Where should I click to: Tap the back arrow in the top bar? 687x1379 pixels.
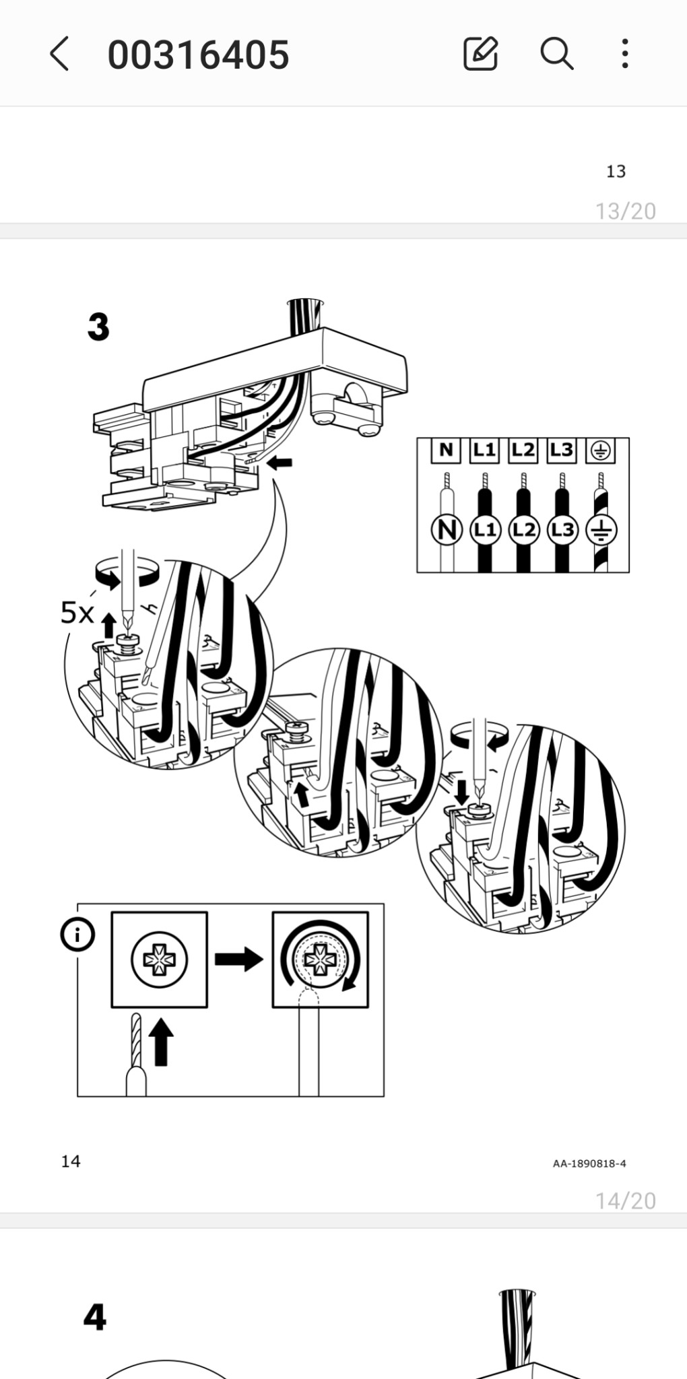[59, 54]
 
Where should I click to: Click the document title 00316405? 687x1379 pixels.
[199, 55]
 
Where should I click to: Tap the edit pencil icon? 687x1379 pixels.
[481, 53]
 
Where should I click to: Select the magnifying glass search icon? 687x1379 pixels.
[557, 53]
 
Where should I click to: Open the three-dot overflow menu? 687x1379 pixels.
[625, 53]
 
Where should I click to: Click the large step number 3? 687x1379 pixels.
[98, 327]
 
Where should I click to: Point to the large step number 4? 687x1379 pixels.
[95, 1317]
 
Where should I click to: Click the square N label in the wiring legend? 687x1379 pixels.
[446, 450]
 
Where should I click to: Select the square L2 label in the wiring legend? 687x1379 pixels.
[523, 450]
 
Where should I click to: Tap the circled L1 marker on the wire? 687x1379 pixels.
[485, 530]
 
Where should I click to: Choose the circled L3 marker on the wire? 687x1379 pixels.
[562, 530]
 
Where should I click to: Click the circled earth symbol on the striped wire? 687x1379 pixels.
[601, 531]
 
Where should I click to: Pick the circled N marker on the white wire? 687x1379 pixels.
[446, 530]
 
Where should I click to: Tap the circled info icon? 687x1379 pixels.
[77, 935]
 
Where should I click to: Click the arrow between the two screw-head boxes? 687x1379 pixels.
[239, 959]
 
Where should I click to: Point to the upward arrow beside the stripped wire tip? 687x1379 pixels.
[160, 1042]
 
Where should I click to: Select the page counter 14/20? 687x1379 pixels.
[626, 1201]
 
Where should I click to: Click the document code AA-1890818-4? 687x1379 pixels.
[589, 1164]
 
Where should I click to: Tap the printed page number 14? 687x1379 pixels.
[71, 1162]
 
